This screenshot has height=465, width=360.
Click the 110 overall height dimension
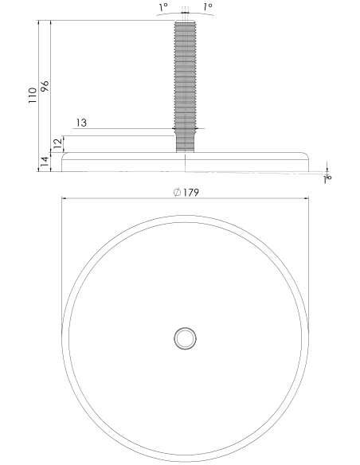pos(33,96)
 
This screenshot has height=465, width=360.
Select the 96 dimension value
pos(45,86)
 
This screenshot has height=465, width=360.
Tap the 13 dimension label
pos(81,123)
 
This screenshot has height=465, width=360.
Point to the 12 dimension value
pos(58,143)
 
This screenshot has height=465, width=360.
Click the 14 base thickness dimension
pos(45,162)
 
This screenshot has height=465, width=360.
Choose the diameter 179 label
pos(186,193)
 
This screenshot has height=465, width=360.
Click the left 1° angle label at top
pos(163,7)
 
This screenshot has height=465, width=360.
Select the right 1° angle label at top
pos(208,7)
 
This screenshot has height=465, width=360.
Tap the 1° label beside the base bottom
pos(327,178)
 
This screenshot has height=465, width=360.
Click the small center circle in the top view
pos(185,338)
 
